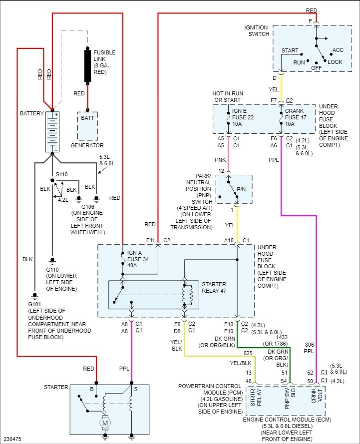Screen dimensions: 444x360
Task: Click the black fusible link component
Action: coord(88,65)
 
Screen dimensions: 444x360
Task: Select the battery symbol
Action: coord(52,132)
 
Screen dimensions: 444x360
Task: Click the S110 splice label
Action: coord(61,174)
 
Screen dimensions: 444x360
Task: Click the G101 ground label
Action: coord(34,304)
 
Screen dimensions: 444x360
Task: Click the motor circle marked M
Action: coord(105,423)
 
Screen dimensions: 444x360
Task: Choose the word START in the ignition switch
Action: coord(290,51)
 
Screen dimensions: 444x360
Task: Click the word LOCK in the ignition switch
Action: coord(335,62)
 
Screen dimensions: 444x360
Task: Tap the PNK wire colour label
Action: coord(221,160)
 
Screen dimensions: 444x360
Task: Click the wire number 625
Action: coord(248,353)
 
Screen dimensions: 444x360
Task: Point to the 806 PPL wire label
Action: coord(310,348)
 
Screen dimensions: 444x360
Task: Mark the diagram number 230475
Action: coord(12,440)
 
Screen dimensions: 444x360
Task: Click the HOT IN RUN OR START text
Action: coord(227,97)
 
